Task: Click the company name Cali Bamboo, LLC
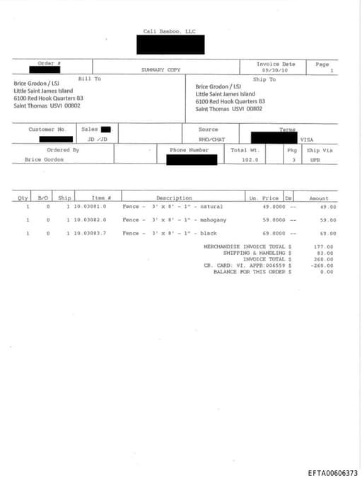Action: point(170,31)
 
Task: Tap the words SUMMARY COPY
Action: point(161,70)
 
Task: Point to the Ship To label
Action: point(264,79)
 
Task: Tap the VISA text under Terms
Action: point(307,139)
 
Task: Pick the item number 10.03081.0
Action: point(90,206)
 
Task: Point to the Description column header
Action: point(174,198)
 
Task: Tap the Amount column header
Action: point(318,198)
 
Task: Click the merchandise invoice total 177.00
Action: point(324,246)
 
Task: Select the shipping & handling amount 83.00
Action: point(325,253)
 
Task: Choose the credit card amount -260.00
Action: point(322,265)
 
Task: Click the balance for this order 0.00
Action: point(326,272)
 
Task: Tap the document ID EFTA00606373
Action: point(332,473)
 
